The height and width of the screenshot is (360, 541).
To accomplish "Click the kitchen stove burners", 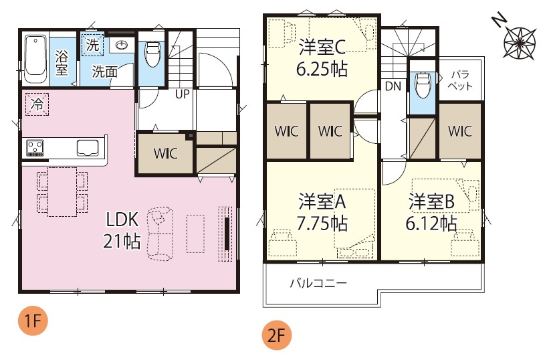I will tap(35, 147).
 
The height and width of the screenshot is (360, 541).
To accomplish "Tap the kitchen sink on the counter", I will tap(88, 147).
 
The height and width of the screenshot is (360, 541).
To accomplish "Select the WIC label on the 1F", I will tap(165, 153).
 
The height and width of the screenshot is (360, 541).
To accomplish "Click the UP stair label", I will tap(182, 94).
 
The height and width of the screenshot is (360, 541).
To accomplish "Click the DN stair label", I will tap(393, 86).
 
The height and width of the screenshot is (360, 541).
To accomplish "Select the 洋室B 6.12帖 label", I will tap(432, 210).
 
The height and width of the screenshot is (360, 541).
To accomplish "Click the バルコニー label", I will tap(318, 283).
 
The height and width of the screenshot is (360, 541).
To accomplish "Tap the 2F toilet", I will tap(421, 84).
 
